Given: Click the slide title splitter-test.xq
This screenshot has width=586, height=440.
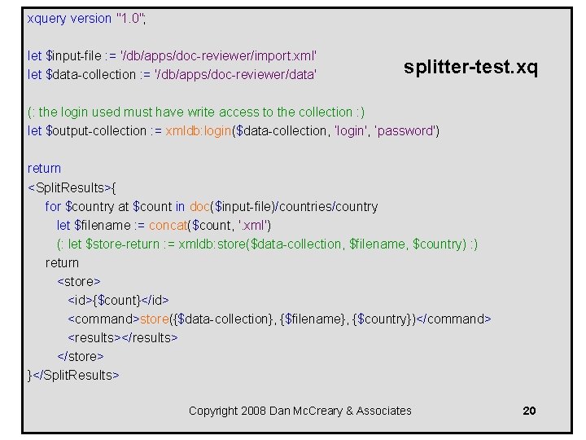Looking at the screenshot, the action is (470, 67).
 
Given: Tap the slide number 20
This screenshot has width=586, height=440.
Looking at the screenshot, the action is (529, 411).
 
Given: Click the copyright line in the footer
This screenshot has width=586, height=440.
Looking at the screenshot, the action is (300, 411).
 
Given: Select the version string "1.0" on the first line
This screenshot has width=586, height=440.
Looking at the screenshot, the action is (130, 18).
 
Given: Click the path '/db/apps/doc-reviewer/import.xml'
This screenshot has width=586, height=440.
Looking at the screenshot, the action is (218, 55).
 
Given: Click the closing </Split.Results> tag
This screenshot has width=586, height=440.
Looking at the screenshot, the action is (77, 375).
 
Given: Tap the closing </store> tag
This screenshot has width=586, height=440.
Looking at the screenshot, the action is (81, 356).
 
